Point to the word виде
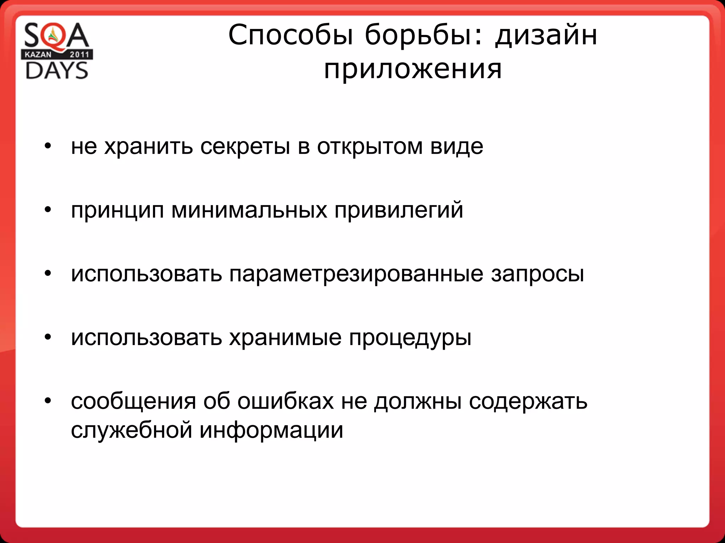457,146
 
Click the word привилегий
399,210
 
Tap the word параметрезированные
356,274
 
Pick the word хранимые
285,338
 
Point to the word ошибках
285,402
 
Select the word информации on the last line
271,431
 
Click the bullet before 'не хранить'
48,146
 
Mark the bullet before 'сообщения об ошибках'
48,401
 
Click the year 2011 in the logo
79,54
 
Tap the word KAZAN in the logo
38,54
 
